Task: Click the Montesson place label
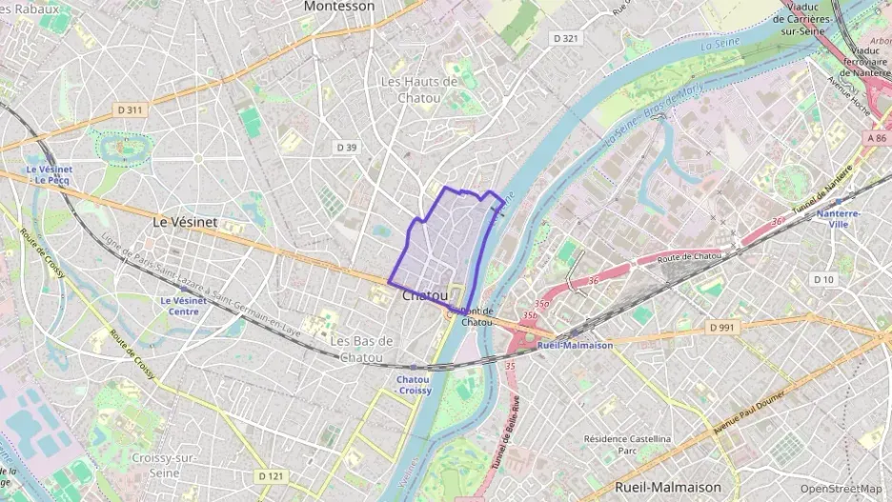(x=338, y=6)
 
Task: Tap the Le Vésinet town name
(x=185, y=221)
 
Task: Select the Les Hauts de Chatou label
(x=418, y=90)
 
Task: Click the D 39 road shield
(x=346, y=147)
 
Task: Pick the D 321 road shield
(x=565, y=38)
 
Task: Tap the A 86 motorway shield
(x=877, y=138)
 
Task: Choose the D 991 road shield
(x=724, y=327)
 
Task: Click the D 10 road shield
(x=823, y=279)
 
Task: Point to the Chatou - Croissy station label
(x=414, y=385)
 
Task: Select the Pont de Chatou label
(x=476, y=316)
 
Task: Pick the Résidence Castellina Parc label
(x=627, y=445)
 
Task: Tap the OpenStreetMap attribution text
(x=841, y=490)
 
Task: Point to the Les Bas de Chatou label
(x=361, y=349)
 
